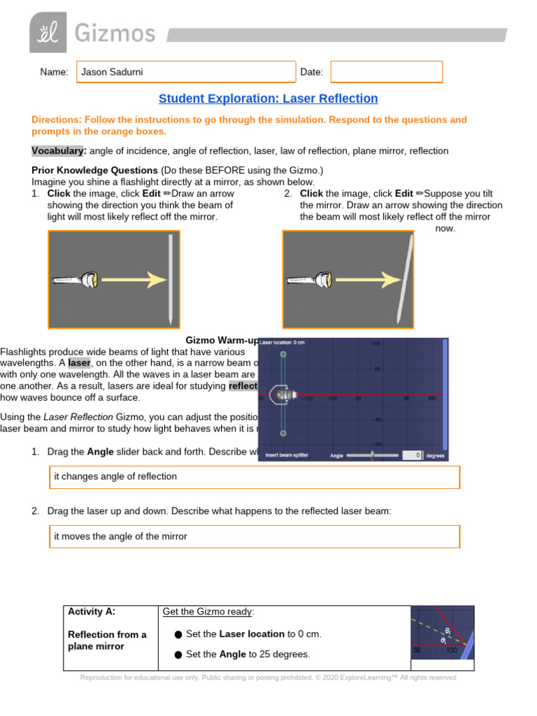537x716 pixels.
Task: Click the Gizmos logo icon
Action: (48, 32)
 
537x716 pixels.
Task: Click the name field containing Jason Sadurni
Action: (186, 72)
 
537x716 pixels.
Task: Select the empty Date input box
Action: (386, 72)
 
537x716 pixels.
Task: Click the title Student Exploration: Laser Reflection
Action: (268, 99)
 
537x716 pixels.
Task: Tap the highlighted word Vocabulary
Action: (59, 151)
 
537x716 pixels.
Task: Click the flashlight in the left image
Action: (78, 280)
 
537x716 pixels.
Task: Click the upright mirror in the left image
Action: (170, 279)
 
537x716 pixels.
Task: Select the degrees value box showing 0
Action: (412, 455)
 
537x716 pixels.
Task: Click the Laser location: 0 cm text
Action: (282, 343)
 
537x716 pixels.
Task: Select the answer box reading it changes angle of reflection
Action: (250, 477)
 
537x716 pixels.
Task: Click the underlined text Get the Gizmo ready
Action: (208, 612)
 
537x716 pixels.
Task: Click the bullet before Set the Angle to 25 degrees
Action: (178, 655)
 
